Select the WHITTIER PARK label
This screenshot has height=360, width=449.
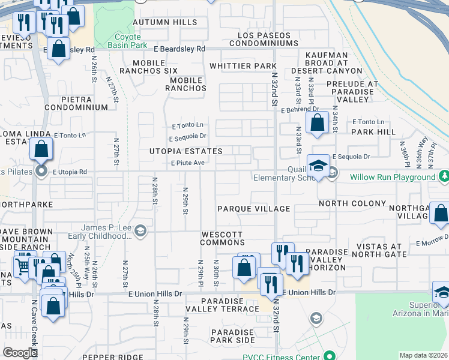(243, 66)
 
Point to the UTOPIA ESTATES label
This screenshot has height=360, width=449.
(186, 151)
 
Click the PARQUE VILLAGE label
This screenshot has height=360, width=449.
(253, 209)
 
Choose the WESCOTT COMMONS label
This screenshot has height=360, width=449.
(222, 238)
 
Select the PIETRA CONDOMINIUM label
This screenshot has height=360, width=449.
(76, 103)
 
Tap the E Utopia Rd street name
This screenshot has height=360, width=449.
(70, 172)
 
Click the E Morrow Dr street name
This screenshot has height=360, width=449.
(432, 244)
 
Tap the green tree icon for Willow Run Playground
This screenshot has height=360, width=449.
(443, 176)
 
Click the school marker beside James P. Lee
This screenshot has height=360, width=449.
(140, 231)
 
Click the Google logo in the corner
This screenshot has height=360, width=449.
(20, 353)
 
